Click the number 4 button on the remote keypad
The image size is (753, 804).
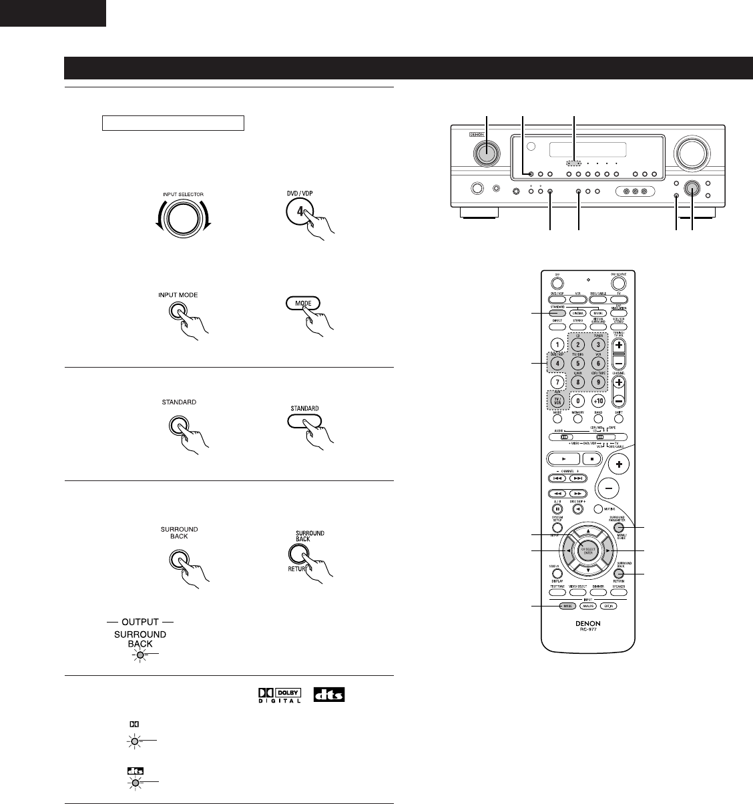click(555, 364)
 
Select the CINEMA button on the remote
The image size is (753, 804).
click(578, 312)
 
